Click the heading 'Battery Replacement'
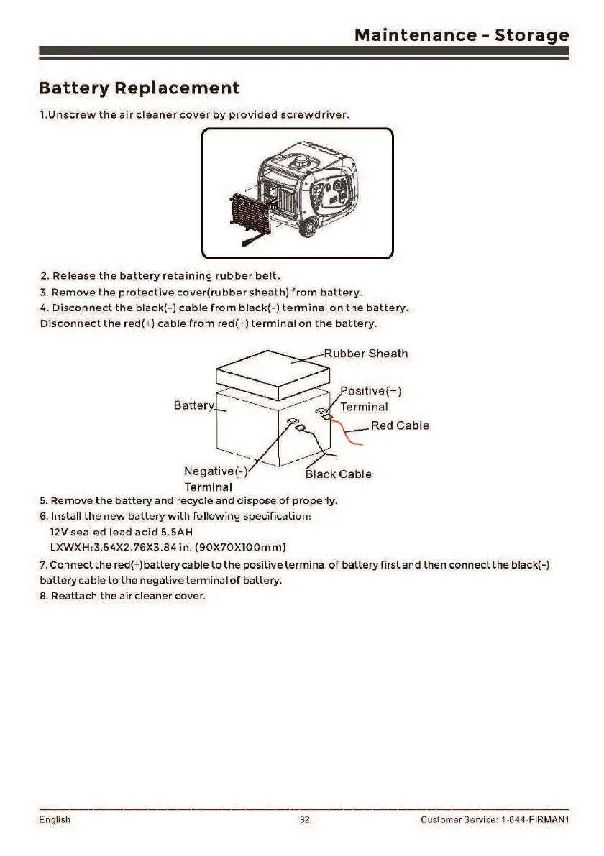pos(139,88)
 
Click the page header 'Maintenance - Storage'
pos(462,35)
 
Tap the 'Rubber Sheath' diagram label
pos(365,354)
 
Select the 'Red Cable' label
pos(400,425)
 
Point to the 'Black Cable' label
pos(339,474)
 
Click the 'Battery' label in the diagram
pos(193,406)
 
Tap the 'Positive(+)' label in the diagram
pos(370,392)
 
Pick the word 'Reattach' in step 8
pos(73,596)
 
